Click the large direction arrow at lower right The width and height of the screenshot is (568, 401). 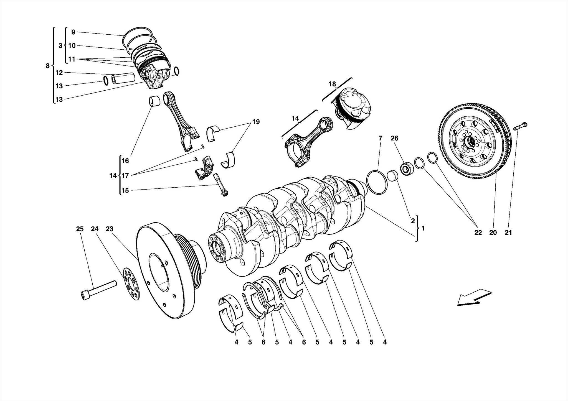(x=474, y=297)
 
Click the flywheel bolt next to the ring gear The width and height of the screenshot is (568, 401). (x=521, y=127)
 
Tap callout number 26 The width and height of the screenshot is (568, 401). (x=394, y=138)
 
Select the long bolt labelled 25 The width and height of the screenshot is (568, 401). (x=98, y=290)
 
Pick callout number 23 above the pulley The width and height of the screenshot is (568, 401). (x=109, y=229)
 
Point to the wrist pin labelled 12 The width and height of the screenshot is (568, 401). (x=124, y=78)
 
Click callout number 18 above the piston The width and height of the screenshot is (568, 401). (x=332, y=84)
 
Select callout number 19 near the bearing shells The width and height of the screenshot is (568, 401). (x=256, y=122)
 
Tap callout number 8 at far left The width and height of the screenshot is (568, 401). (x=48, y=66)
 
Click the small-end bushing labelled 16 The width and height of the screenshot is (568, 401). (x=155, y=101)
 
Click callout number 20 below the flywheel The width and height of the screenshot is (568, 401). (x=493, y=233)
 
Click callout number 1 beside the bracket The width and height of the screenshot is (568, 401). (x=423, y=228)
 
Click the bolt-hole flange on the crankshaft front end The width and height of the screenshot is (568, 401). (x=218, y=247)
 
